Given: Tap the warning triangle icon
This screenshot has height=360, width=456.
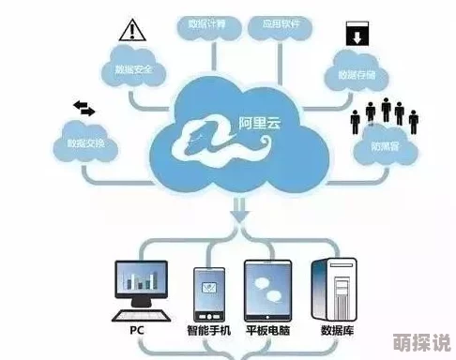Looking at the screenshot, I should (129, 33).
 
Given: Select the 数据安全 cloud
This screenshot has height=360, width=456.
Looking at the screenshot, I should (133, 69).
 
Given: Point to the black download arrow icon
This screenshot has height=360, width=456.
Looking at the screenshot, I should (357, 37).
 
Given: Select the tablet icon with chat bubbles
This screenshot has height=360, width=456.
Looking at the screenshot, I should (268, 289).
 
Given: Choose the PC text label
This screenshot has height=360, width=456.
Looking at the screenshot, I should (138, 332).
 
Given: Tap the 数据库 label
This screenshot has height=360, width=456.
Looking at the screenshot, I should (336, 332).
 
